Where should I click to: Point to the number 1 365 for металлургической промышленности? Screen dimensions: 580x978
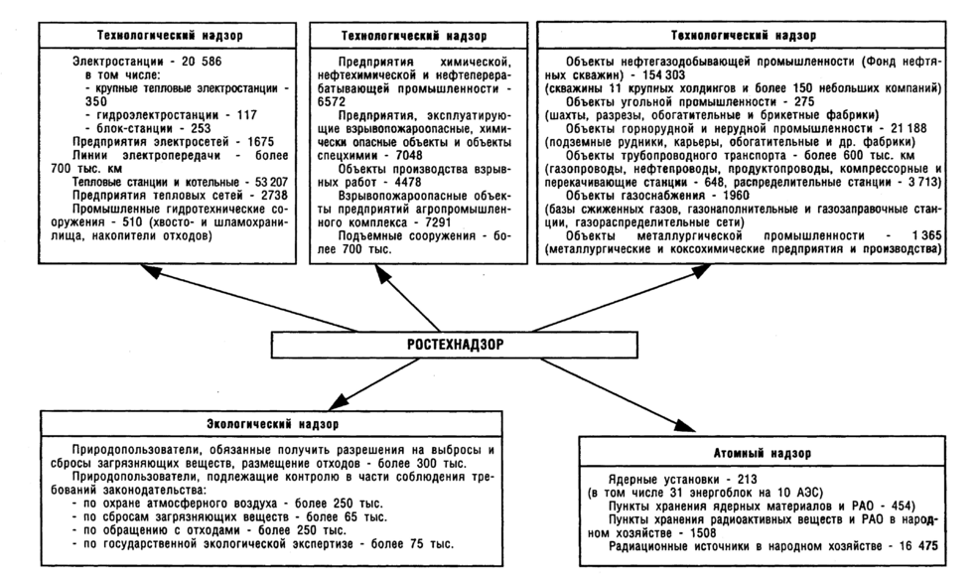913,234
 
